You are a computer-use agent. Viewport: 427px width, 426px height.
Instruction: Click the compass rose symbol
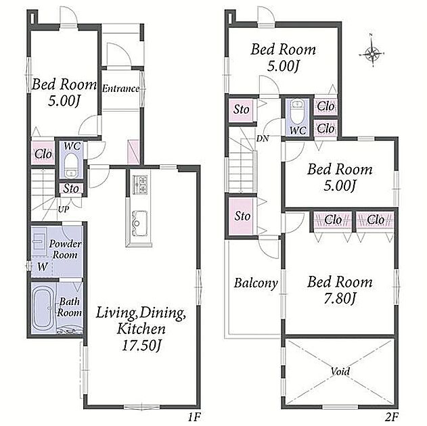point(372,54)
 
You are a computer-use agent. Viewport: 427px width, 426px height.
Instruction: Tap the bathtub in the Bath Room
point(42,308)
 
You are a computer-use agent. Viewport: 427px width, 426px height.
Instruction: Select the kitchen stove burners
point(140,184)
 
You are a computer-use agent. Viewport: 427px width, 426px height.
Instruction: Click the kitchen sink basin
point(140,223)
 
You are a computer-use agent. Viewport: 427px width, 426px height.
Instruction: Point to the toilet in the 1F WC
point(71,165)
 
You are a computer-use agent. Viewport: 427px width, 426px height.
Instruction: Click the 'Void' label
point(340,371)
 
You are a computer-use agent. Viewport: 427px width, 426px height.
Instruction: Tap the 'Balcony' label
point(256,283)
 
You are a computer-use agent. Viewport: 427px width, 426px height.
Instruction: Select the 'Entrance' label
point(120,89)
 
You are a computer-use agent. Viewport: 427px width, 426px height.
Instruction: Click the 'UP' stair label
point(64,209)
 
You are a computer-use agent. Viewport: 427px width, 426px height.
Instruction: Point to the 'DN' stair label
point(263,139)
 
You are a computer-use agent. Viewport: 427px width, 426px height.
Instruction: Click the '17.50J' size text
point(141,346)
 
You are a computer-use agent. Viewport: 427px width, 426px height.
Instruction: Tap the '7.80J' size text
point(340,299)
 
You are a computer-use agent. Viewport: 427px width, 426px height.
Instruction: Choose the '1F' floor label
point(194,417)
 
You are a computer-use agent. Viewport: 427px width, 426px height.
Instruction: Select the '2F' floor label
point(392,417)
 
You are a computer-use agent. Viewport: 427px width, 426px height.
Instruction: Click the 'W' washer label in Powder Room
point(43,267)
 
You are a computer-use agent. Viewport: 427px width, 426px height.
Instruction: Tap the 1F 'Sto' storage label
point(71,188)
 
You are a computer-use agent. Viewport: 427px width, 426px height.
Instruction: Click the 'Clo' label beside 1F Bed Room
point(43,154)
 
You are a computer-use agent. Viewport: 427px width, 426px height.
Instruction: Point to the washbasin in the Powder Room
point(39,241)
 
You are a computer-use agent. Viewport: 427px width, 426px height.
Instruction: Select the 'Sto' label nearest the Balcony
point(242,216)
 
